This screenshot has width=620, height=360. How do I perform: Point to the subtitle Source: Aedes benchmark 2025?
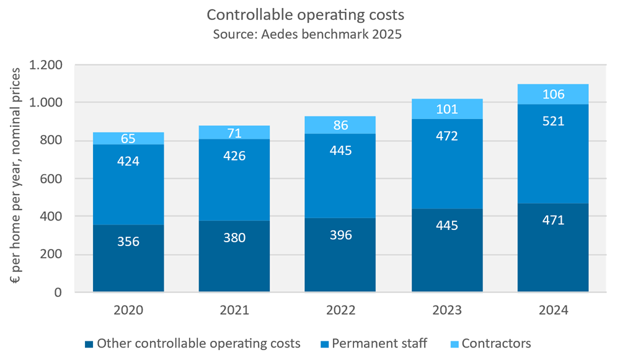click(307, 33)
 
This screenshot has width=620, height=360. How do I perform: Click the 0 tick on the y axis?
click(60, 292)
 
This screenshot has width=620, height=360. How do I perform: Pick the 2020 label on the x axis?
click(128, 310)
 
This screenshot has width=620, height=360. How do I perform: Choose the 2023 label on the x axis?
click(447, 310)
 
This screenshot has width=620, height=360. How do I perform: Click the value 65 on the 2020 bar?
click(128, 138)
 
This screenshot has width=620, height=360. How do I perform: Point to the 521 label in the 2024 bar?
click(553, 121)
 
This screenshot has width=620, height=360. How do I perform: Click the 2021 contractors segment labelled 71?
click(234, 133)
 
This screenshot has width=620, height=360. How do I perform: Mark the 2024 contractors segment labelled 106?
click(553, 94)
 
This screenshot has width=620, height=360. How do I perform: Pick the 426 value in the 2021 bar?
click(234, 156)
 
